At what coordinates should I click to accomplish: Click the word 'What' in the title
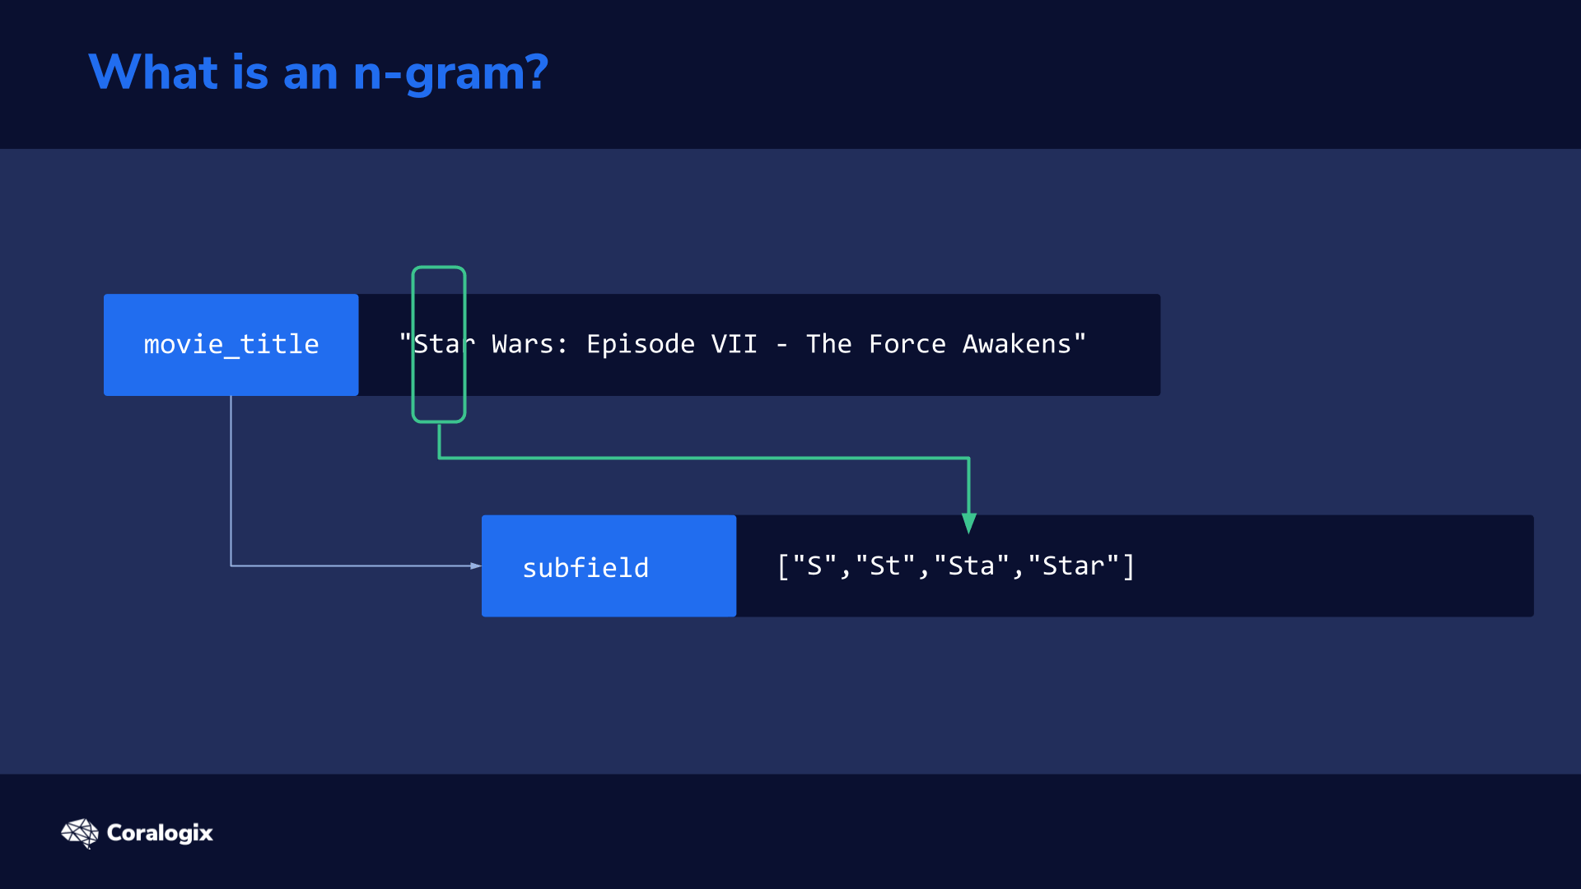click(x=153, y=72)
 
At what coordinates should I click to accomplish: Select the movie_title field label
click(x=231, y=345)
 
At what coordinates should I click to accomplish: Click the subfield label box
click(x=609, y=566)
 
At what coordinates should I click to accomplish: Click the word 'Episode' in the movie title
click(x=641, y=345)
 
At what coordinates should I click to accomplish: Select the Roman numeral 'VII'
click(x=735, y=344)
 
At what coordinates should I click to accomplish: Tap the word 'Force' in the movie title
click(x=907, y=344)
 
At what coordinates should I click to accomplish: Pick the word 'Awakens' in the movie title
click(x=1017, y=344)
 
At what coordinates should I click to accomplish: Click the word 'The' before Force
click(x=829, y=344)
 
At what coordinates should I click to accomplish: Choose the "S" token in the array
click(x=814, y=566)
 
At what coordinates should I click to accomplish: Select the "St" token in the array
click(x=885, y=566)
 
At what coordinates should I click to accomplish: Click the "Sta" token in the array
click(x=972, y=566)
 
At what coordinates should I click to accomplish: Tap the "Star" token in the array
click(x=1074, y=566)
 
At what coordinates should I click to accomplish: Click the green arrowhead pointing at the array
click(x=969, y=524)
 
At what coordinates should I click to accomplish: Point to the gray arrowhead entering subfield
click(x=476, y=566)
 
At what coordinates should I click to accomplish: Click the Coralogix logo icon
click(x=80, y=833)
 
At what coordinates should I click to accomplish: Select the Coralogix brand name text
click(x=160, y=833)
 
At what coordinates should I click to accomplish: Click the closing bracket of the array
click(x=1129, y=566)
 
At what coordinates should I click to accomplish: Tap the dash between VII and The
click(x=782, y=346)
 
